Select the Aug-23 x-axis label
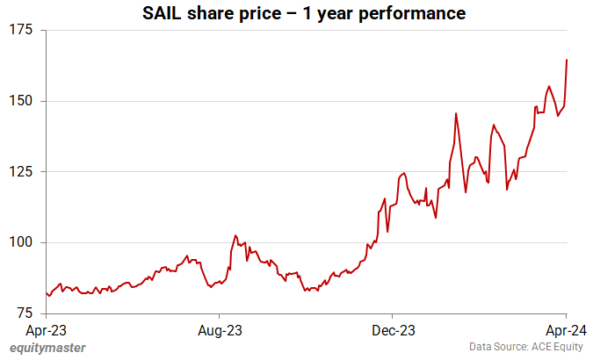pyautogui.click(x=220, y=330)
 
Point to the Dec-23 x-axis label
pyautogui.click(x=393, y=330)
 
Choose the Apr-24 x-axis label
pyautogui.click(x=566, y=330)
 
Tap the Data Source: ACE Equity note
pyautogui.click(x=524, y=348)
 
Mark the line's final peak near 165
pyautogui.click(x=567, y=60)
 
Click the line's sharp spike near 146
pyautogui.click(x=456, y=113)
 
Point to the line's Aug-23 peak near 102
pyautogui.click(x=235, y=235)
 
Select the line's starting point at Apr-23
pyautogui.click(x=46, y=293)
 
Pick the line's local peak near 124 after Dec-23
pyautogui.click(x=403, y=173)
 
